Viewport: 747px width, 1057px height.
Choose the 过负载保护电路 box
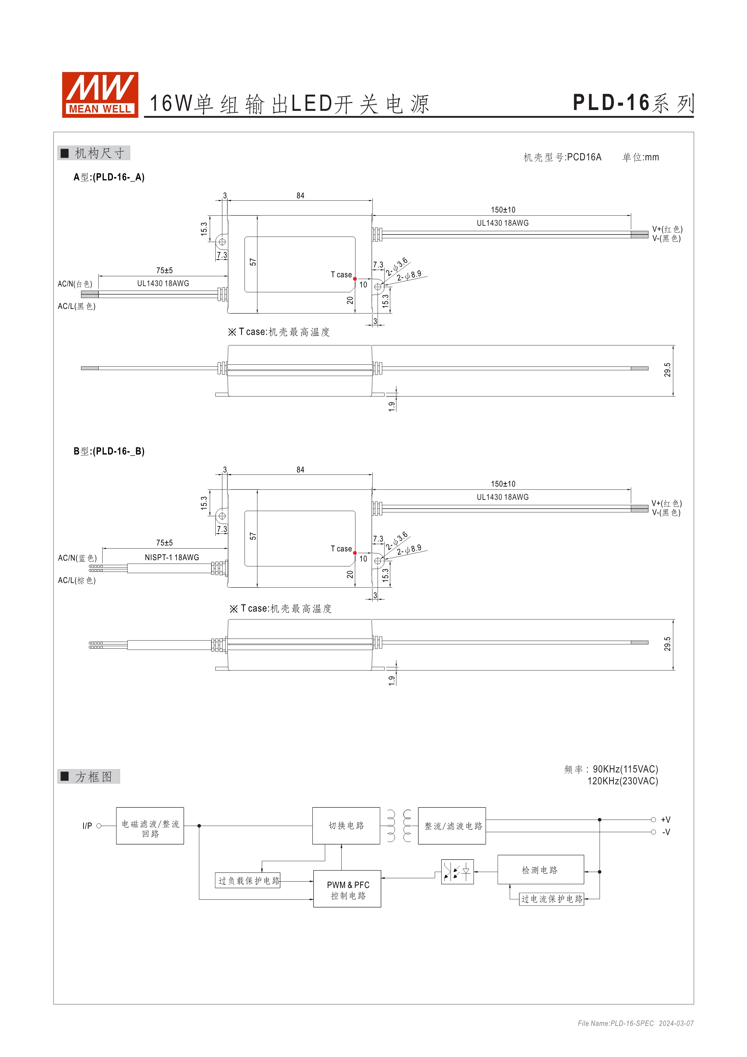(248, 881)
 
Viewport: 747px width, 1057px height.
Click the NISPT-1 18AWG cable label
(172, 558)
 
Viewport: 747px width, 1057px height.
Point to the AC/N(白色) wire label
(75, 284)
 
